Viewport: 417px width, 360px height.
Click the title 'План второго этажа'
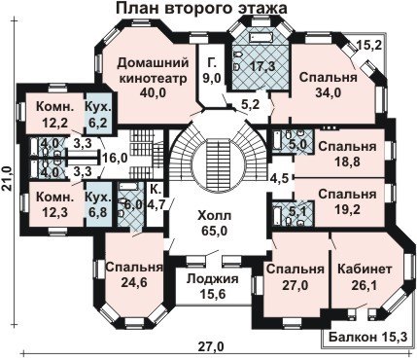(201, 9)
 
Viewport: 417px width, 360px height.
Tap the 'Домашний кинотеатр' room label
(153, 70)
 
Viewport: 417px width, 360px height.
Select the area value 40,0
(153, 92)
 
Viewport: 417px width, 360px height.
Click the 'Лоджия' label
(213, 278)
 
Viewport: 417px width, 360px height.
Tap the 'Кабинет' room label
(365, 269)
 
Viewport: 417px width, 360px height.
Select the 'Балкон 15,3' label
(367, 338)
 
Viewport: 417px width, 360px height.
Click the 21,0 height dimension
(7, 178)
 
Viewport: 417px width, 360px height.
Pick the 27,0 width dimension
(212, 346)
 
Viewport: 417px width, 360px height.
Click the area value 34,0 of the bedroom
(329, 92)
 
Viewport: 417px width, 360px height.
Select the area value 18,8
(348, 162)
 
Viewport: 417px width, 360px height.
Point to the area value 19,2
(348, 209)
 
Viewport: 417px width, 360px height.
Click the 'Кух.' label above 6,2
(98, 106)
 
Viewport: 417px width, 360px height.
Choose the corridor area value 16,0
(115, 159)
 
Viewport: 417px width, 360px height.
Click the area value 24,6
(134, 282)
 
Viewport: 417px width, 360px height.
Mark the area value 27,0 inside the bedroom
(295, 285)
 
